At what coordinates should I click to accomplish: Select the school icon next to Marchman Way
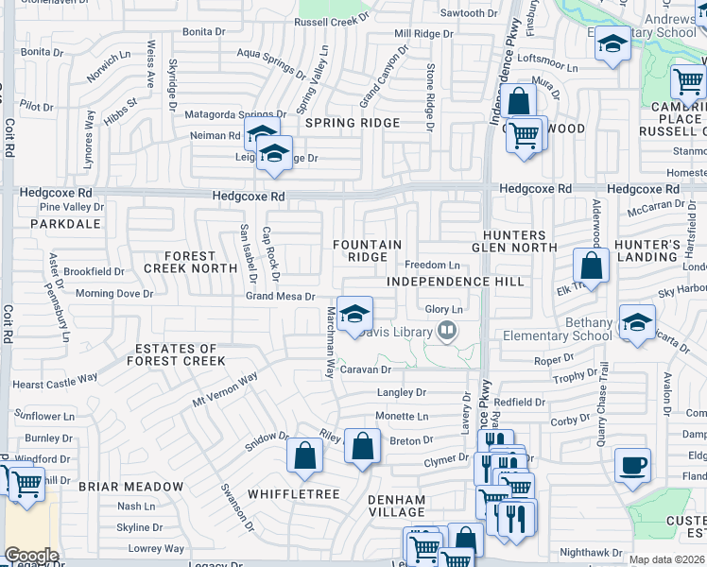tap(354, 314)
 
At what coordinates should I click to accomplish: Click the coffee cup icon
tap(632, 465)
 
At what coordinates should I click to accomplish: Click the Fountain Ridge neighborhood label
tap(368, 250)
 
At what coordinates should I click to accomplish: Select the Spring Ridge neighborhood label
tap(352, 123)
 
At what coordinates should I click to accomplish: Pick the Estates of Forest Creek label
tap(180, 354)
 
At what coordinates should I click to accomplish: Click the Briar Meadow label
tap(130, 487)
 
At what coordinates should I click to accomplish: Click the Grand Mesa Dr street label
tap(280, 296)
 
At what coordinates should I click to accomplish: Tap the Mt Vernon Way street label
tap(225, 389)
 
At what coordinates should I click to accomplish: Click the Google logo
tap(31, 556)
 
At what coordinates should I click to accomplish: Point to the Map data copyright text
tap(666, 559)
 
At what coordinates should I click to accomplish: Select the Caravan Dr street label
tap(366, 369)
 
